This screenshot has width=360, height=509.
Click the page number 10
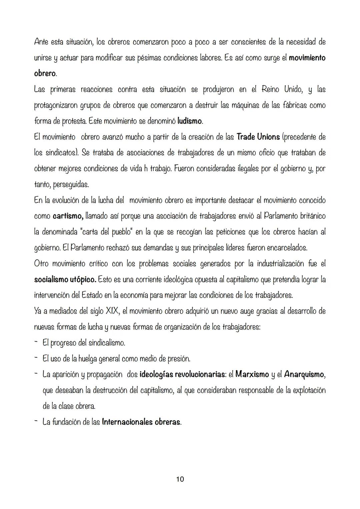pyautogui.click(x=180, y=479)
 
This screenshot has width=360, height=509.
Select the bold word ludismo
pyautogui.click(x=190, y=121)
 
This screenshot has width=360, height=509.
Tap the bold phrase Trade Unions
pyautogui.click(x=258, y=137)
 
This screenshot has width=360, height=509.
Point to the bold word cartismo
pyautogui.click(x=68, y=216)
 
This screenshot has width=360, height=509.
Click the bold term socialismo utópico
pyautogui.click(x=65, y=279)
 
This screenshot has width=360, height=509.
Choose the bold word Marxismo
pyautogui.click(x=252, y=374)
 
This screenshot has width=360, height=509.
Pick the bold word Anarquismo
pyautogui.click(x=304, y=374)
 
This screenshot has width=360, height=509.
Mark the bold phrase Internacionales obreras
pyautogui.click(x=141, y=422)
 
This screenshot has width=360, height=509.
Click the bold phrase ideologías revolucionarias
pyautogui.click(x=182, y=374)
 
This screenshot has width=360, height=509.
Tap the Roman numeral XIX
pyautogui.click(x=113, y=311)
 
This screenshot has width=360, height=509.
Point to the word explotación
pyautogui.click(x=309, y=390)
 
